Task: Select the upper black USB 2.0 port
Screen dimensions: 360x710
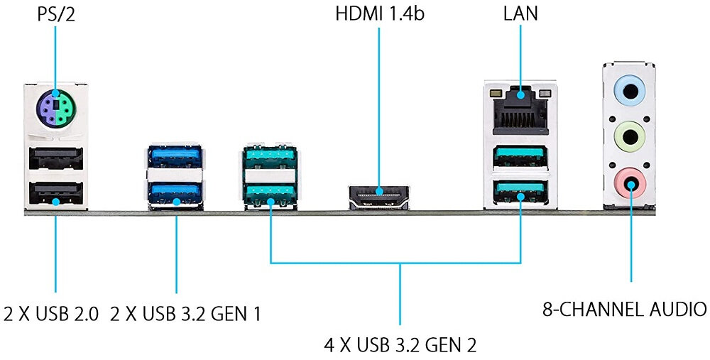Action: [x=55, y=161]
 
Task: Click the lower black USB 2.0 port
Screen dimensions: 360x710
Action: [x=55, y=194]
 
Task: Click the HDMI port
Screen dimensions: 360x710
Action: [x=379, y=195]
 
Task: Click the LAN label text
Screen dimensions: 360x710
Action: [x=520, y=13]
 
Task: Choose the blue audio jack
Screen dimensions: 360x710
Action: [x=629, y=90]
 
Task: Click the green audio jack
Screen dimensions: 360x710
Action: [x=629, y=135]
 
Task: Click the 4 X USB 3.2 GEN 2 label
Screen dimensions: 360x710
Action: [x=400, y=346]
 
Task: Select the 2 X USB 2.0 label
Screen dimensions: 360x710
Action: [x=51, y=313]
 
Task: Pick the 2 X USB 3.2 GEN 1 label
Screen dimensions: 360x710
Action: [x=185, y=313]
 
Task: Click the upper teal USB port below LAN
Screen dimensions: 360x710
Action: [x=520, y=155]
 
